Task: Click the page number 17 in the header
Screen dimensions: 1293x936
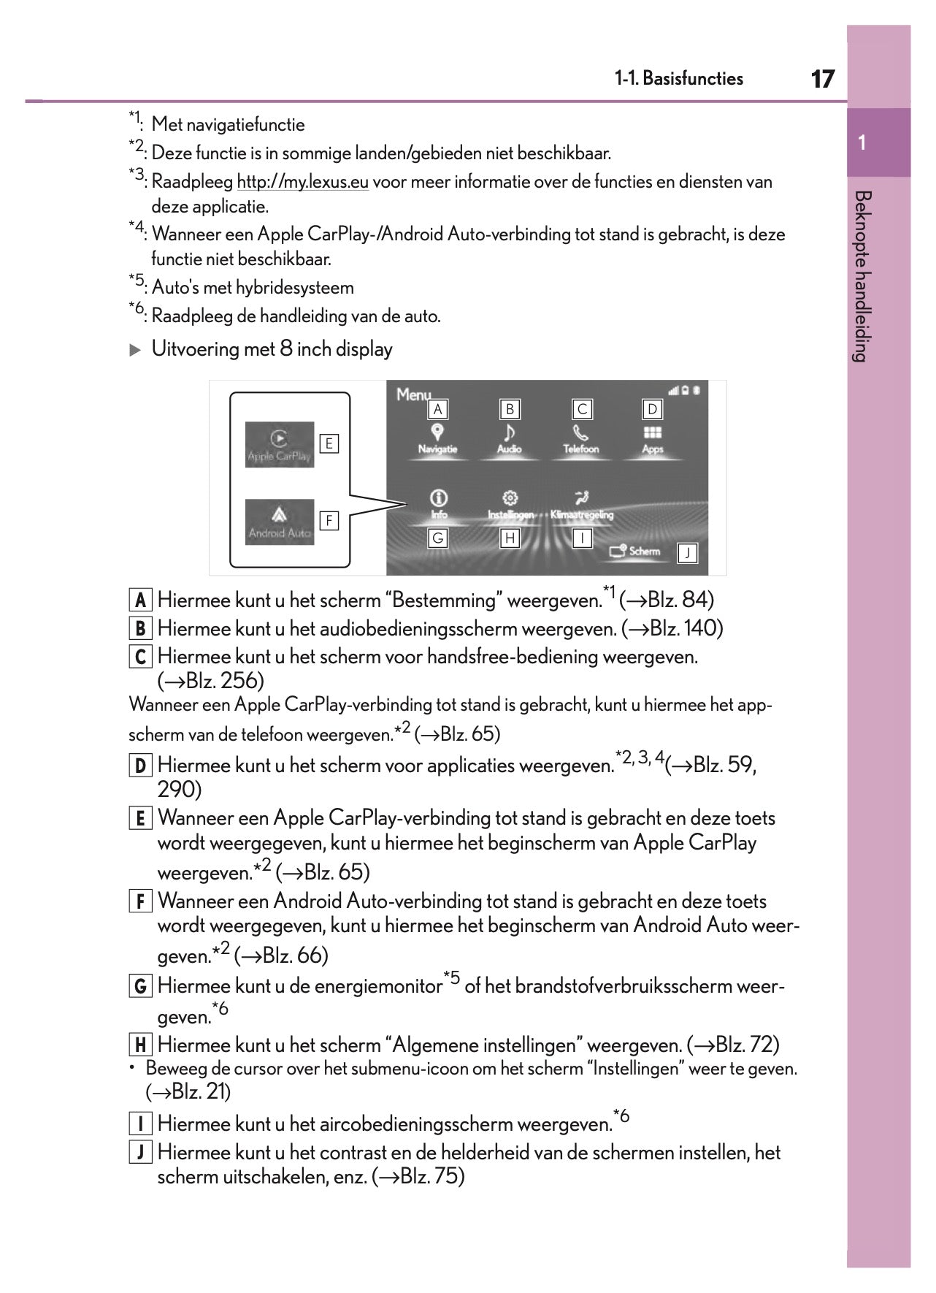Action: (x=823, y=79)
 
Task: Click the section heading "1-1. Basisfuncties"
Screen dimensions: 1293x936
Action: (x=678, y=79)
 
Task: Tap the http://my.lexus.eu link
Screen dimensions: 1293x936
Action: (x=302, y=182)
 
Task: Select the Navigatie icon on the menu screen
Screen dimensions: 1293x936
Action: (x=437, y=432)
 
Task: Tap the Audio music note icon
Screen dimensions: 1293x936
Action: (x=510, y=432)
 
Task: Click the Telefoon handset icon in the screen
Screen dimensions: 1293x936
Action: (x=581, y=432)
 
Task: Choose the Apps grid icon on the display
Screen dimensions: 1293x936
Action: (x=653, y=432)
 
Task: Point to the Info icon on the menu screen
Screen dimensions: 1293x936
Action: (x=438, y=498)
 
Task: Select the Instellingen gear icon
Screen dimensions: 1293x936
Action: (x=510, y=498)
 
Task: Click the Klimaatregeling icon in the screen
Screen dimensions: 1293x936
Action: (x=582, y=498)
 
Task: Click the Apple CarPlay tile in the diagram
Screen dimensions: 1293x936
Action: (x=280, y=444)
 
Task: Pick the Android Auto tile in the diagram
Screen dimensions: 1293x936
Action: (x=280, y=522)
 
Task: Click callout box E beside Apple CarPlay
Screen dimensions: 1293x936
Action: (x=329, y=443)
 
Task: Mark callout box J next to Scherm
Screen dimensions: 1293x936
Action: (x=687, y=554)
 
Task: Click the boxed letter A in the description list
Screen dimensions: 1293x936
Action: (x=140, y=600)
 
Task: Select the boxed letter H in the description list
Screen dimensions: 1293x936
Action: (x=140, y=1045)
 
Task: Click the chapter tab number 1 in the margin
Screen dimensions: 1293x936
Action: (x=862, y=142)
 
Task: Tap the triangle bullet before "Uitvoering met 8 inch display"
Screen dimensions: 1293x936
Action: (x=135, y=350)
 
